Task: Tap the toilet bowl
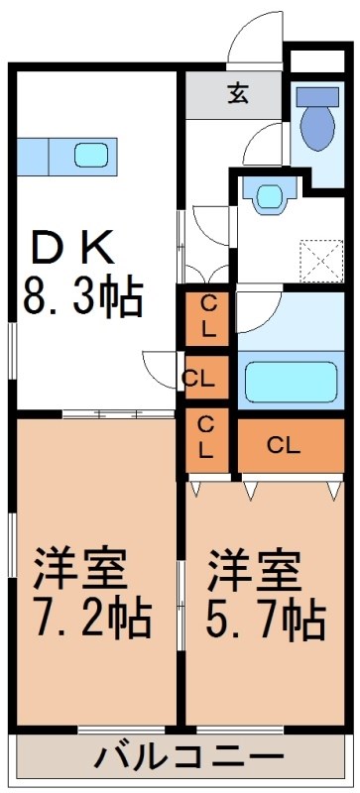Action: pos(316,126)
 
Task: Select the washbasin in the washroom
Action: pos(268,195)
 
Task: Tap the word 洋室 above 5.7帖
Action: pos(254,570)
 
